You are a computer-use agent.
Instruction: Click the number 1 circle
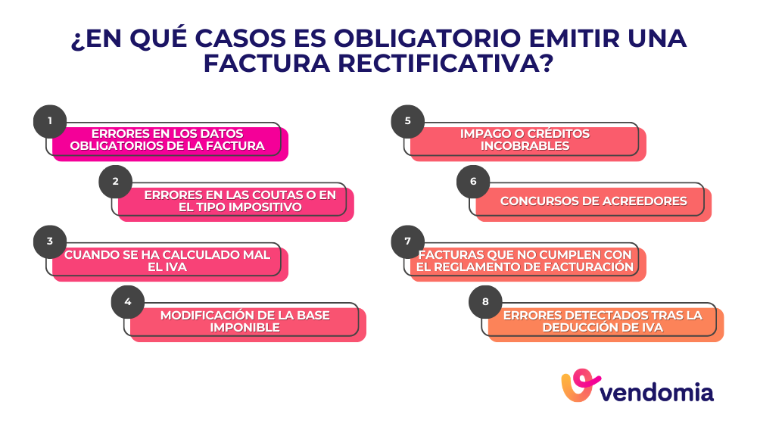(x=50, y=121)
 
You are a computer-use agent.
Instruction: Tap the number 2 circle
(x=116, y=181)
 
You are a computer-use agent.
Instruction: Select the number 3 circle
(x=50, y=241)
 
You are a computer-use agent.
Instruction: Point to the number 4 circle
(x=127, y=302)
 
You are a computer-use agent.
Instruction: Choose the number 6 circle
(x=473, y=181)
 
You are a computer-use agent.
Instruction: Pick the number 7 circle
(x=407, y=241)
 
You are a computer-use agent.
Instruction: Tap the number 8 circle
(x=485, y=302)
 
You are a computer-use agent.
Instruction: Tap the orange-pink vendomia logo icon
(x=580, y=387)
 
